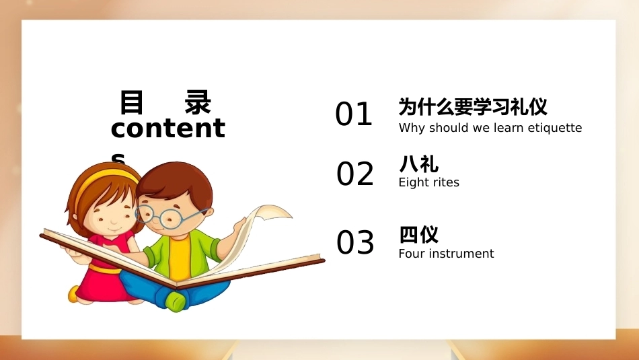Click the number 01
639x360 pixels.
pyautogui.click(x=354, y=114)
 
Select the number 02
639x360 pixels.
pyautogui.click(x=355, y=174)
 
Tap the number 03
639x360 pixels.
pyautogui.click(x=355, y=242)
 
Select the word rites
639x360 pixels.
pyautogui.click(x=447, y=182)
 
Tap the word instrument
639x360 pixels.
pyautogui.click(x=461, y=254)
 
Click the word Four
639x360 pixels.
pyautogui.click(x=412, y=254)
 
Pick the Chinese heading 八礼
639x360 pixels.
pyautogui.click(x=418, y=164)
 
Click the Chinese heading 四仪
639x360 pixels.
pyautogui.click(x=418, y=234)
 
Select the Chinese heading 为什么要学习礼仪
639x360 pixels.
pyautogui.click(x=473, y=107)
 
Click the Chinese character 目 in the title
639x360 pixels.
pyautogui.click(x=132, y=102)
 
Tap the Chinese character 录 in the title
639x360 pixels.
pyautogui.click(x=198, y=102)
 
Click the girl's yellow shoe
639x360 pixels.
pyautogui.click(x=74, y=293)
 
